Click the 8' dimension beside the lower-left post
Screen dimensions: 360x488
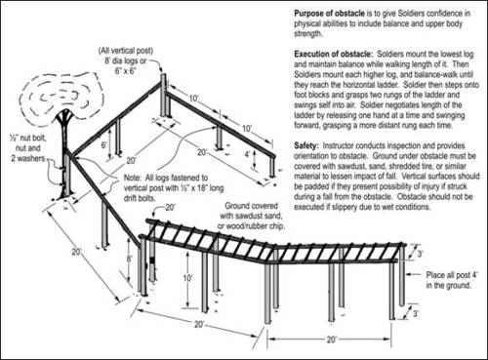coord(128,260)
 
